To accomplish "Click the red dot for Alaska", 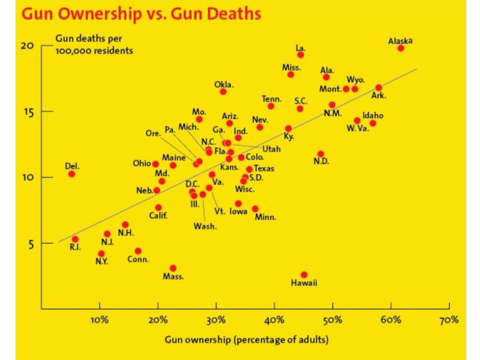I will pos(401,48).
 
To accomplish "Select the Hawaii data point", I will pos(304,275).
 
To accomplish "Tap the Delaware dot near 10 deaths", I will pos(71,174).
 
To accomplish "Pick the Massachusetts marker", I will pos(173,268).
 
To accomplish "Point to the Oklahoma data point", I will pos(223,91).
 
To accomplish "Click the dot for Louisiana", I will pos(300,55).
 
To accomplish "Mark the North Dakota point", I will pos(321,154).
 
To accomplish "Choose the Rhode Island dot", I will pos(75,239).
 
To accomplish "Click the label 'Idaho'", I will pos(373,115).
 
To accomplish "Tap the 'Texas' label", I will pos(264,168).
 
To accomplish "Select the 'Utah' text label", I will pos(271,149).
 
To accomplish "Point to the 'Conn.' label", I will pos(138,259).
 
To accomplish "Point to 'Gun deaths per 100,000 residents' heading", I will pos(94,45).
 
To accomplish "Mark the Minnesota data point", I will pos(255,209).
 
